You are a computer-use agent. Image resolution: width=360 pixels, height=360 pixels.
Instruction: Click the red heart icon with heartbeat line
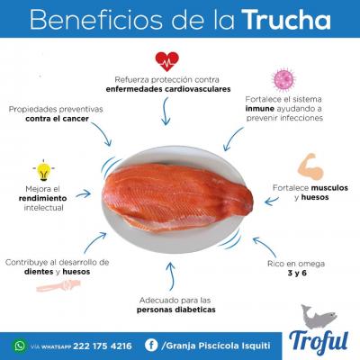[167, 61]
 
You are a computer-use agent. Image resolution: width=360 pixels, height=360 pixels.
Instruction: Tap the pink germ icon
[283, 79]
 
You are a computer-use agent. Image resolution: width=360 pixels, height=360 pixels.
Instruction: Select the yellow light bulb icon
[43, 170]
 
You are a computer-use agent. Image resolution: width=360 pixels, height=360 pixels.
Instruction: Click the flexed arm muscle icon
[310, 166]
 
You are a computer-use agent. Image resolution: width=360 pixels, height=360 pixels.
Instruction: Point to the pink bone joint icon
[58, 285]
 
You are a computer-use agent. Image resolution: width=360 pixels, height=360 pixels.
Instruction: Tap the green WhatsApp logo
[20, 346]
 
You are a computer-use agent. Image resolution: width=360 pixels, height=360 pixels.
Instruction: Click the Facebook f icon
[151, 346]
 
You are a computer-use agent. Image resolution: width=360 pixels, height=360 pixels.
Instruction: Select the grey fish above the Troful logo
[319, 317]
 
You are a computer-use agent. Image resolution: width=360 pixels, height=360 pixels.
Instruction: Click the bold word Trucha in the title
[288, 20]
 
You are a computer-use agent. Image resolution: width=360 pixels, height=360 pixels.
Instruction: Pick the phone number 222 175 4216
[103, 346]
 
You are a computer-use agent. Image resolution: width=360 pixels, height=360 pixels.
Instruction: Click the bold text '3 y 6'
[297, 274]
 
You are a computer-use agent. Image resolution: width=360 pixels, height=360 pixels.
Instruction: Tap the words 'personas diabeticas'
[176, 310]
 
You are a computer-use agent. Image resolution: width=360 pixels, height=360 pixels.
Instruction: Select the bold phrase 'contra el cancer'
[57, 119]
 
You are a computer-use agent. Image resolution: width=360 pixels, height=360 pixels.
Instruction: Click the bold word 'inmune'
[260, 109]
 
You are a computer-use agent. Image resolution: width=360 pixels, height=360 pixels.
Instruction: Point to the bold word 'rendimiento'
[42, 198]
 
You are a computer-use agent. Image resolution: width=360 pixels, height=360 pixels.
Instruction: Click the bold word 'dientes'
[39, 272]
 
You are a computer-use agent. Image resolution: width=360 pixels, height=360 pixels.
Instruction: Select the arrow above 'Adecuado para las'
[171, 276]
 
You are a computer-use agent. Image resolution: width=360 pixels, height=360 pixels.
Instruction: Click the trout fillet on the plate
[177, 199]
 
